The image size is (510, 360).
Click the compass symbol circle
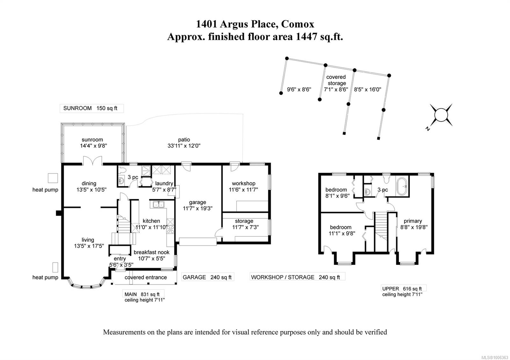(441, 115)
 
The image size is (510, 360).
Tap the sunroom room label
(92, 140)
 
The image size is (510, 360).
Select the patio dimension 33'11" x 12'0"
(184, 146)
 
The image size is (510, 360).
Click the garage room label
(197, 202)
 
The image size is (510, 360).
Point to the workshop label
(244, 184)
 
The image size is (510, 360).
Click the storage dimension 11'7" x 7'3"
(245, 227)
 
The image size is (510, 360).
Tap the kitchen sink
(157, 205)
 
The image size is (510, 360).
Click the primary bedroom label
(413, 221)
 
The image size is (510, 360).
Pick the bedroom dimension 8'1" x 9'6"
(337, 196)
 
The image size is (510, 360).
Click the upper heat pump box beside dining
(53, 178)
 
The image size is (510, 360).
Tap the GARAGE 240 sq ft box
(208, 277)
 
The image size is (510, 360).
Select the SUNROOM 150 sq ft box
(91, 108)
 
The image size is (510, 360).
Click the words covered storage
(336, 80)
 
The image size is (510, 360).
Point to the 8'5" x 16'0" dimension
(368, 90)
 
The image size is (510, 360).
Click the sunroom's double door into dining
(93, 161)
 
